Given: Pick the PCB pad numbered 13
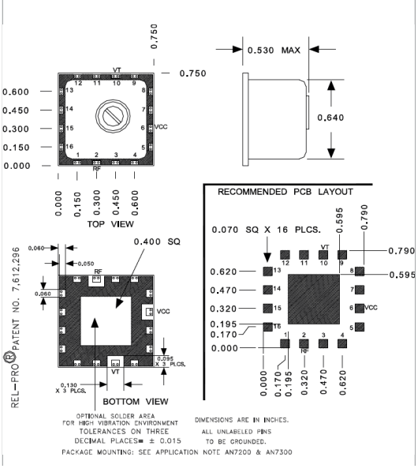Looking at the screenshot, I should [x=267, y=271].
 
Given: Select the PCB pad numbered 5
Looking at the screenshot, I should [x=360, y=327].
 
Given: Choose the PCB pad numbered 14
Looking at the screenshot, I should [x=267, y=289].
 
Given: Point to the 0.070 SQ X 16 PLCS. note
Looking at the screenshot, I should [x=263, y=230].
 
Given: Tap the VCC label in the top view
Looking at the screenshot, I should [x=162, y=126].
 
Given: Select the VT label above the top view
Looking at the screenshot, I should [x=117, y=69].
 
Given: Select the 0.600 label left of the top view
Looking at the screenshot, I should [x=16, y=92].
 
